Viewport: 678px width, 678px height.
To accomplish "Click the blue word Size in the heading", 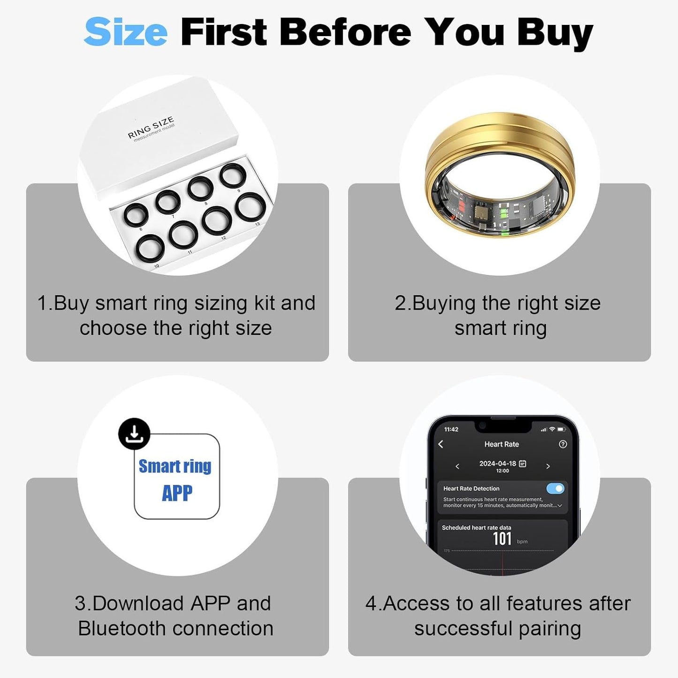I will [125, 32].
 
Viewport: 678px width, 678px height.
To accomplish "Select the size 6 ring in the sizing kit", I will [136, 216].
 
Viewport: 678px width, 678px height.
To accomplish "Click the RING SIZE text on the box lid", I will [151, 127].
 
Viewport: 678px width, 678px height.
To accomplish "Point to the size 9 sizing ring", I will [233, 176].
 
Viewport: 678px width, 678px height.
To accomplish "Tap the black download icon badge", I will [134, 434].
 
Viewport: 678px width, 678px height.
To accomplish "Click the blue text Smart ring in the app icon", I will [175, 466].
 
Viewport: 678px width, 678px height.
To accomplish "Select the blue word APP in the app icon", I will [177, 493].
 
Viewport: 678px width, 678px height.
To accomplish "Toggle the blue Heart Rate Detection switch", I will [555, 488].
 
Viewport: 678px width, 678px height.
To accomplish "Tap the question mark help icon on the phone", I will [563, 444].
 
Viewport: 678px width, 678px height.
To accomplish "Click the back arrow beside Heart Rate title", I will [441, 444].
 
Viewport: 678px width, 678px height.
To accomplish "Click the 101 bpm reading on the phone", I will [502, 539].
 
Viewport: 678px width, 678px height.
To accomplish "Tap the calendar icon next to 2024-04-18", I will [523, 464].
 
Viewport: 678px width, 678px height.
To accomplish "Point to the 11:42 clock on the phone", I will [451, 429].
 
